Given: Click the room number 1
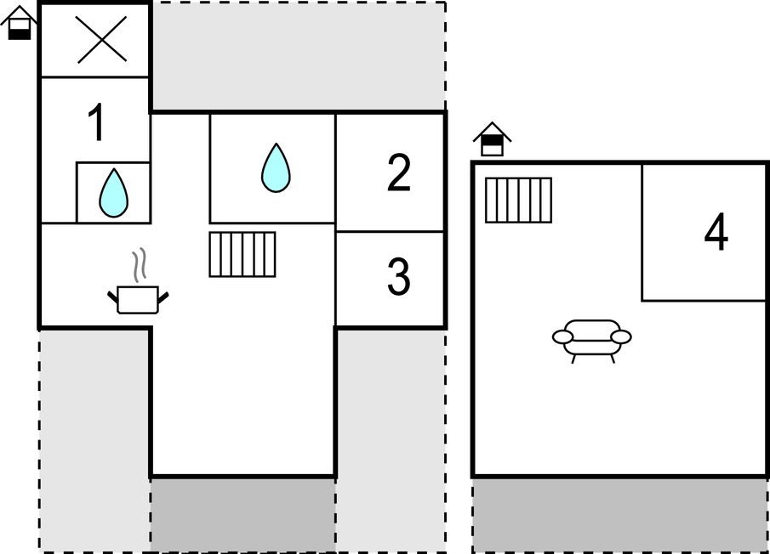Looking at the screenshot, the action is pos(97,122).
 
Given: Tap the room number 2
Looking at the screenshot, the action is pos(398,172).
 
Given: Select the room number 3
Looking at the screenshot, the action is pos(399,276).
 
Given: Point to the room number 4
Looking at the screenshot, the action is pos(716,232).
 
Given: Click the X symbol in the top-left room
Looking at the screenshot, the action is pos(101,39).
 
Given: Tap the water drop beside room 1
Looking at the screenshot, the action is pos(113,193).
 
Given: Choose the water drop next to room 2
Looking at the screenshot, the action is pos(276,167).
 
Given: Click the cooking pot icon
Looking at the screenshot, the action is pos(138,299).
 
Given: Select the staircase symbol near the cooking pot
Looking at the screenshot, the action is pos(242,254).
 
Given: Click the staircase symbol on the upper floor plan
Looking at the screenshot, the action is pos(518,200).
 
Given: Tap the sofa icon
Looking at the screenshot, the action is pos(591,341).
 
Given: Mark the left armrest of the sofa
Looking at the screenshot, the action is pos(562,336).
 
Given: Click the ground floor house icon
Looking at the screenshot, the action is pos(20,23).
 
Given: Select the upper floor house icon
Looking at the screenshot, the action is pos(492,139).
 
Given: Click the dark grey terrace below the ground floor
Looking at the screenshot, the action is pos(243,515).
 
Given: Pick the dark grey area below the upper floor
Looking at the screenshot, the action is pos(619,515).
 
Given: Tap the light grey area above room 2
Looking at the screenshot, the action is pos(298,56).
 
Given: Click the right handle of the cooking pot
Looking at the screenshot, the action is pos(163,297).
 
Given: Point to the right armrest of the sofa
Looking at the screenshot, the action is pos(621,336).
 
